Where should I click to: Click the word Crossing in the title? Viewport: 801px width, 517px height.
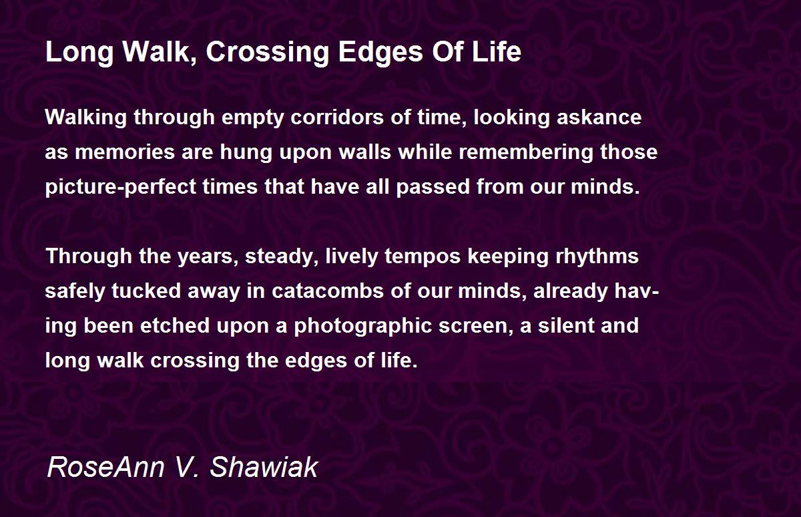(x=268, y=52)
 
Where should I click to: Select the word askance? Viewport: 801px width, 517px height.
(x=599, y=118)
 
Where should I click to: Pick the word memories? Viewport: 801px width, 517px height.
(x=125, y=152)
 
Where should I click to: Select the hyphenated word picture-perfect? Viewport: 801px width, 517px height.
(x=121, y=187)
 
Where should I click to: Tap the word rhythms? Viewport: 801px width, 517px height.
(x=597, y=257)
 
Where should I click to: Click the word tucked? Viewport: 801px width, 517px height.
(x=146, y=291)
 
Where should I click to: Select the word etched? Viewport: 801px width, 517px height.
(x=175, y=325)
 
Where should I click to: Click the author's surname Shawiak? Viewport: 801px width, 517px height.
(x=264, y=467)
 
